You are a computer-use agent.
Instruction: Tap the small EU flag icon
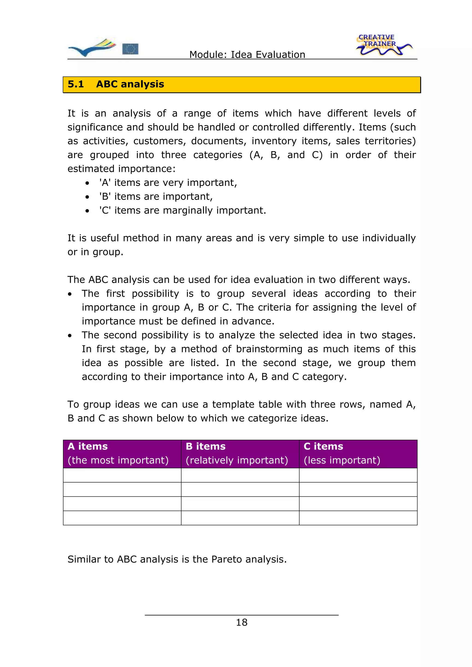pyautogui.click(x=130, y=49)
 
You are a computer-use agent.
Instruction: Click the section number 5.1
pyautogui.click(x=76, y=84)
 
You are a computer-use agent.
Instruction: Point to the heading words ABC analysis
pyautogui.click(x=130, y=84)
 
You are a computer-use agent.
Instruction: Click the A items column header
pyautogui.click(x=88, y=446)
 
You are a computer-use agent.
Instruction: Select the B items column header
pyautogui.click(x=205, y=446)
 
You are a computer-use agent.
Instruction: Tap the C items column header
pyautogui.click(x=323, y=446)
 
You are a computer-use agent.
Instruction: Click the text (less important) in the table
pyautogui.click(x=342, y=460)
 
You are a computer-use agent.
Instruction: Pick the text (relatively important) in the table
pyautogui.click(x=237, y=460)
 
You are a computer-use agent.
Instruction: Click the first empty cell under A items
pyautogui.click(x=122, y=475)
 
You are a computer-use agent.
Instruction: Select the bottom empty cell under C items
pyautogui.click(x=358, y=518)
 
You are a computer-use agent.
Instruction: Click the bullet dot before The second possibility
pyautogui.click(x=70, y=336)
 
